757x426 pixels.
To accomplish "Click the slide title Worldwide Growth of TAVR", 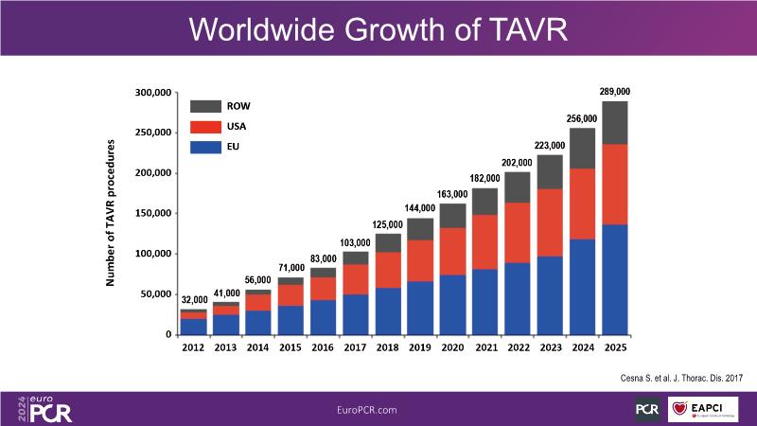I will (378, 28).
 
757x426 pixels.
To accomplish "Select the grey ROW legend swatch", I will (205, 106).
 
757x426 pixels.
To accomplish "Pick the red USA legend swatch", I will (205, 127).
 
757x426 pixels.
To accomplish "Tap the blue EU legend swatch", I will (205, 147).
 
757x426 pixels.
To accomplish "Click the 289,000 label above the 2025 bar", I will (615, 92).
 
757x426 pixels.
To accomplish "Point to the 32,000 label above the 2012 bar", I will (194, 300).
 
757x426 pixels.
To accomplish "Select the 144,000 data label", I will (420, 208).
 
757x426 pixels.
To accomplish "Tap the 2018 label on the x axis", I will (388, 347).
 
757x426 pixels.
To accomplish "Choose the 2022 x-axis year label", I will (518, 347).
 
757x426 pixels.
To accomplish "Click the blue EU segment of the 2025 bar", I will (615, 279).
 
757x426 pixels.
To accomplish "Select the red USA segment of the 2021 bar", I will (485, 242).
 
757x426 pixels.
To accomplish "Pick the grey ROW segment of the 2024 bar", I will (582, 149).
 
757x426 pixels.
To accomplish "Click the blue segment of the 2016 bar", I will (324, 317).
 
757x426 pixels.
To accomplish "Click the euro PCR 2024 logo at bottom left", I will (44, 409).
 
